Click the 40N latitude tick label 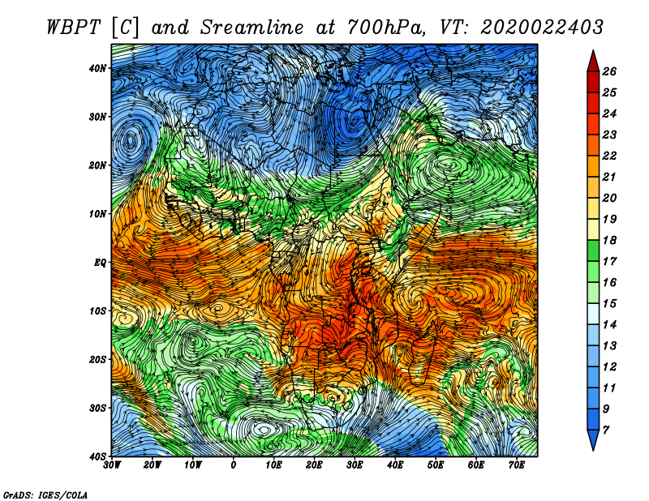97,68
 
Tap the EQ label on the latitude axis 100,263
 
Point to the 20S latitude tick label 97,359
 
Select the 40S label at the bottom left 97,456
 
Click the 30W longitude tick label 112,465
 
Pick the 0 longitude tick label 234,465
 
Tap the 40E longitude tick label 395,465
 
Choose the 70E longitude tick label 517,465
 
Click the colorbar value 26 609,71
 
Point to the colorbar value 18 609,240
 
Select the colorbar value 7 606,430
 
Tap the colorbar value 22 609,156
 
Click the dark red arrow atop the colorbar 593,62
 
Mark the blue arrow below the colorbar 593,439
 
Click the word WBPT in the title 74,28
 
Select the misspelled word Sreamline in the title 252,28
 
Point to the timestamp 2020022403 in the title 542,28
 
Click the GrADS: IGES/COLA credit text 45,495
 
